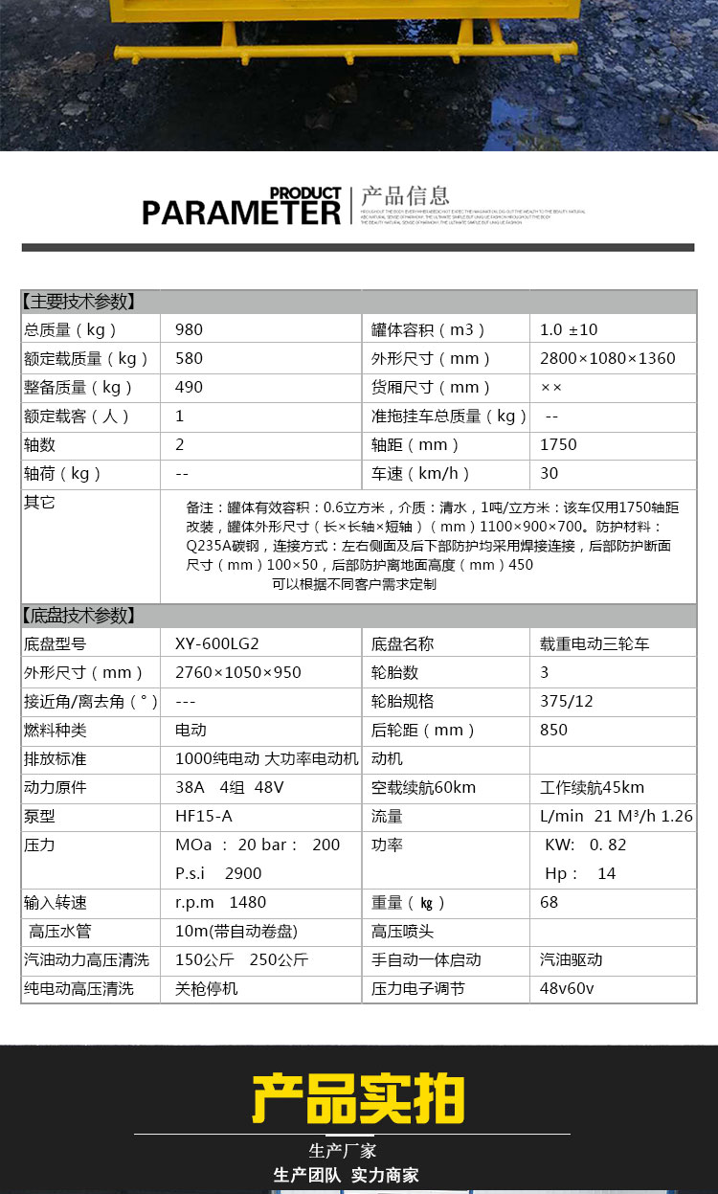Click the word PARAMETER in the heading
[x=241, y=212]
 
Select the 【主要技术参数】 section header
[x=79, y=302]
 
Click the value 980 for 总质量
[x=190, y=330]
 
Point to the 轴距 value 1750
[x=558, y=445]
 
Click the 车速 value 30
[x=549, y=474]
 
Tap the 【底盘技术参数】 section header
[x=79, y=616]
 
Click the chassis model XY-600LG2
[x=216, y=644]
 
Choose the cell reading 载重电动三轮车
[x=595, y=644]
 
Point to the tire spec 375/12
[x=567, y=702]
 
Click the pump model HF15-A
[x=204, y=817]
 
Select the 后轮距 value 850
[x=553, y=731]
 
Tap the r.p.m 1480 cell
[x=220, y=903]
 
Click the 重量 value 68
[x=549, y=903]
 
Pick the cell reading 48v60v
[x=568, y=988]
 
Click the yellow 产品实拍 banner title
[x=358, y=1098]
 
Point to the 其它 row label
[x=40, y=503]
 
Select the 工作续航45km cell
[x=592, y=788]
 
